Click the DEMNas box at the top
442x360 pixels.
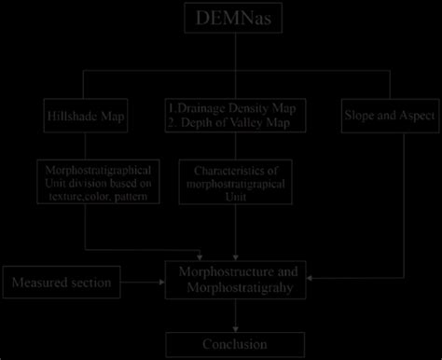point(221,19)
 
